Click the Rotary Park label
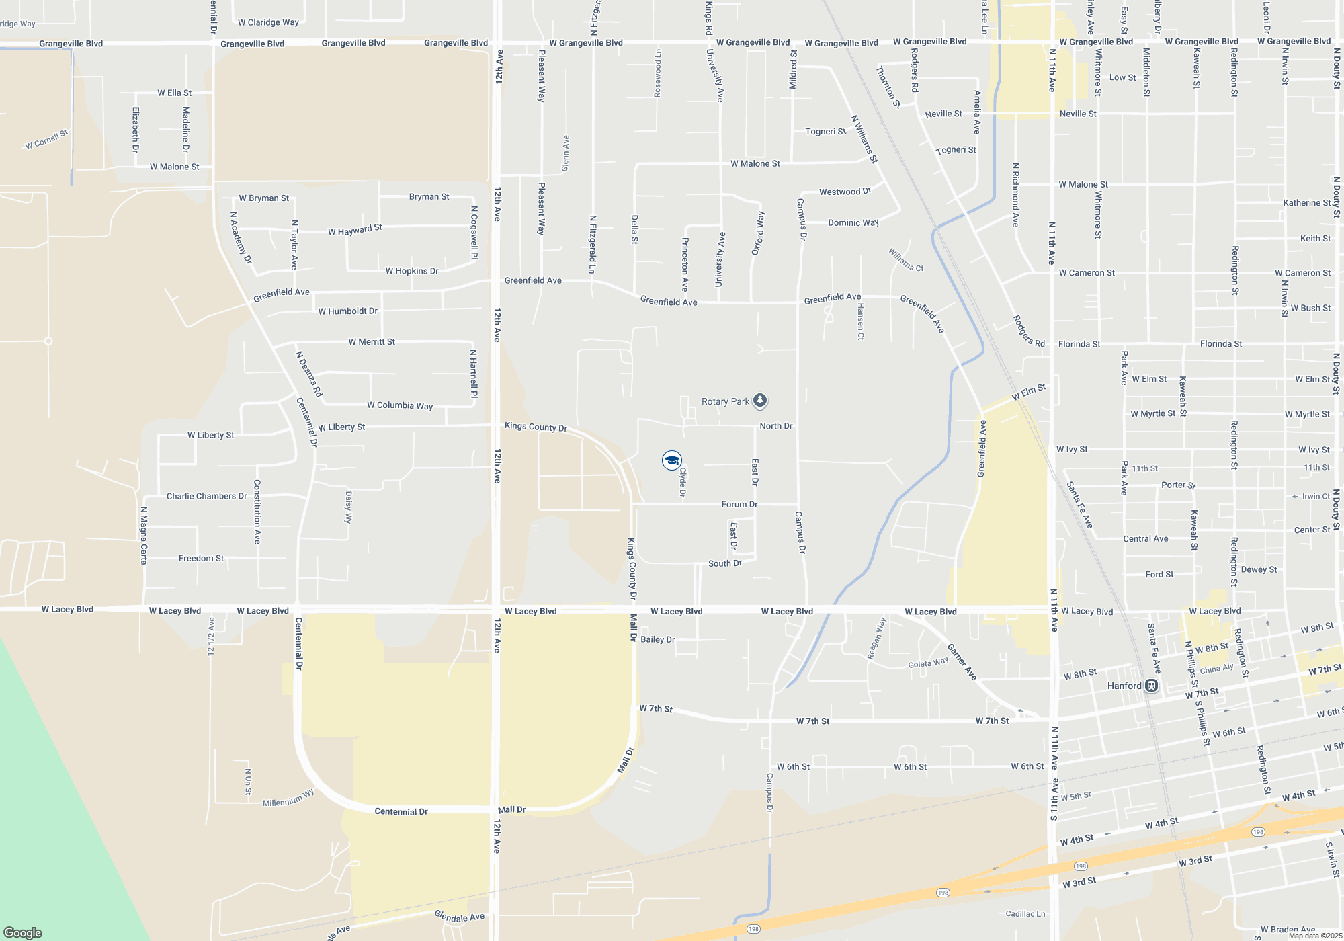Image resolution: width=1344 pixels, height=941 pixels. click(725, 401)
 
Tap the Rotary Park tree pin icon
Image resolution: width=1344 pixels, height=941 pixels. click(760, 401)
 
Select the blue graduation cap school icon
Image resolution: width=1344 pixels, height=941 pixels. click(671, 460)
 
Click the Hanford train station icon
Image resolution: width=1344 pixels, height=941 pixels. click(1151, 686)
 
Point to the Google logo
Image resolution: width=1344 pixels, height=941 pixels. click(23, 932)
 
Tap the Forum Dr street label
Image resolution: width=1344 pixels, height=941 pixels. click(739, 504)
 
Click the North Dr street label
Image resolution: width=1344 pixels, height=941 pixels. click(776, 426)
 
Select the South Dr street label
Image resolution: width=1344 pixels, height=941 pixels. click(725, 563)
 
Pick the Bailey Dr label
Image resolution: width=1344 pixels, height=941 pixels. click(658, 639)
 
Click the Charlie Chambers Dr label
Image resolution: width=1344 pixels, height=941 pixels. click(207, 496)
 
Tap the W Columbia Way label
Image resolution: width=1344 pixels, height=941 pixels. click(400, 405)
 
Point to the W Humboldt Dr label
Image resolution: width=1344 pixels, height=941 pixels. click(347, 311)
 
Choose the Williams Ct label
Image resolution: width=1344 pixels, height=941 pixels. click(906, 260)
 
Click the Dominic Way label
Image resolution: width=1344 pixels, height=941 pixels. click(853, 222)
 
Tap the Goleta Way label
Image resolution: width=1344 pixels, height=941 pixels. click(928, 663)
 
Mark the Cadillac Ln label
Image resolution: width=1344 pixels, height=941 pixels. click(1025, 914)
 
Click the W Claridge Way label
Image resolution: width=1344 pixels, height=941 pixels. click(268, 22)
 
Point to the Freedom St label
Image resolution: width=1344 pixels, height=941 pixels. click(201, 558)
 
